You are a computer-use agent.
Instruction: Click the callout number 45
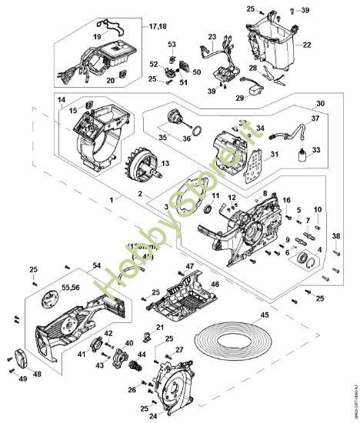click(265, 315)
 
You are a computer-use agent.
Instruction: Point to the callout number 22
click(306, 46)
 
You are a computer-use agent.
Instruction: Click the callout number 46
click(215, 285)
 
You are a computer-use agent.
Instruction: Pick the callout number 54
click(96, 265)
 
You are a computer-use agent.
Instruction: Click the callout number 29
click(239, 98)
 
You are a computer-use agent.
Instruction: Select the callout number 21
click(160, 328)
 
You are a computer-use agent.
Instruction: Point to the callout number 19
click(98, 36)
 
